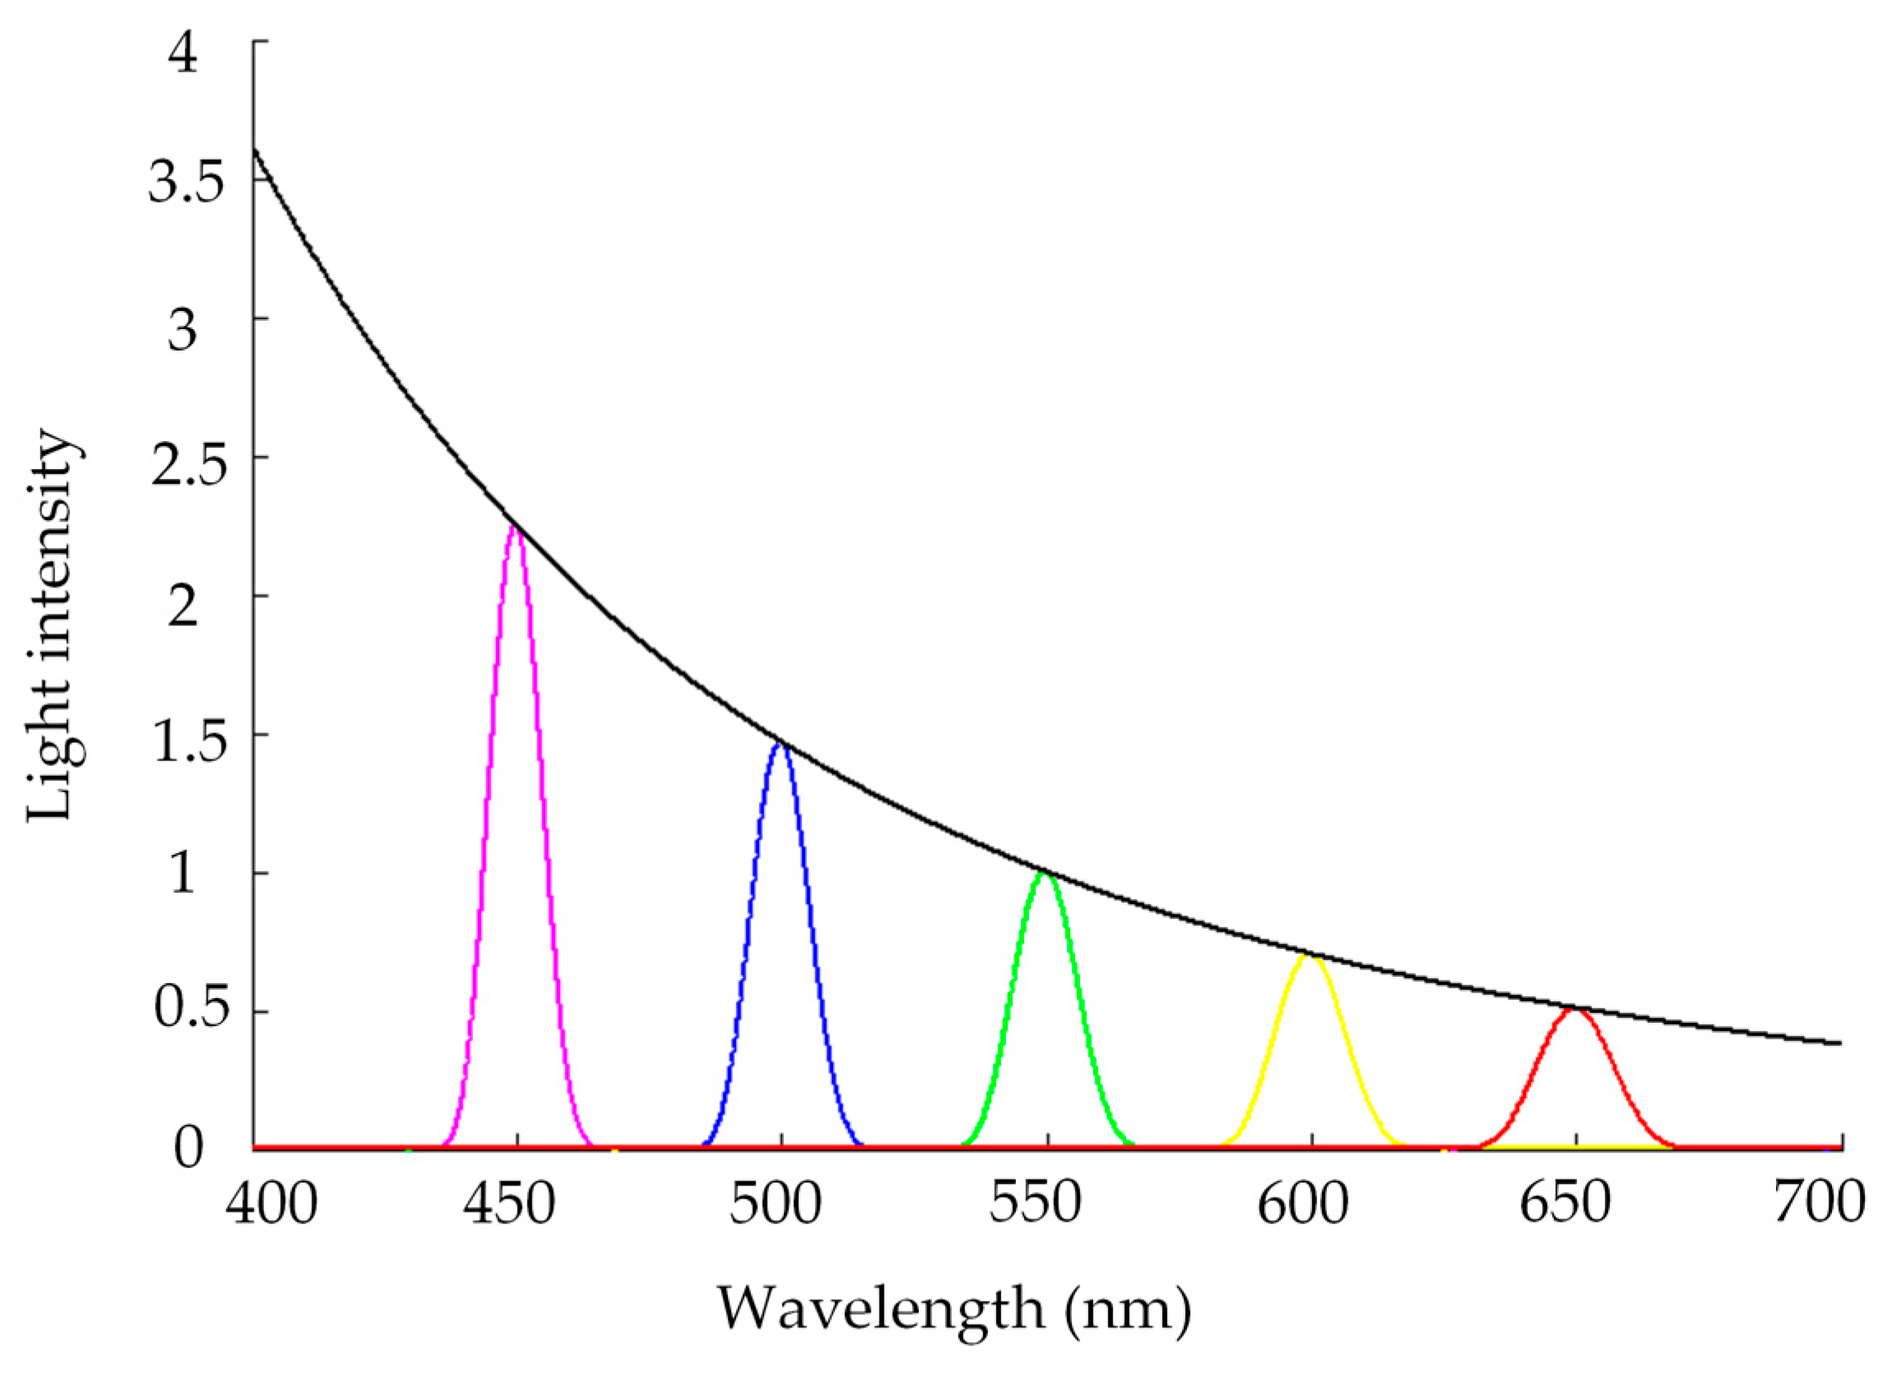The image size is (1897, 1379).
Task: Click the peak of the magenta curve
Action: click(x=517, y=527)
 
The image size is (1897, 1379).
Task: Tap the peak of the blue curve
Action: click(x=782, y=743)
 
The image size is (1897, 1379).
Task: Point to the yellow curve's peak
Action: click(x=1310, y=956)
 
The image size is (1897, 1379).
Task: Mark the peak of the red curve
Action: click(x=1575, y=1010)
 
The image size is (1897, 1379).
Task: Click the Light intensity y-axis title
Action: click(x=55, y=628)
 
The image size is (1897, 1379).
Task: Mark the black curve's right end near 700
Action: click(x=1839, y=1043)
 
